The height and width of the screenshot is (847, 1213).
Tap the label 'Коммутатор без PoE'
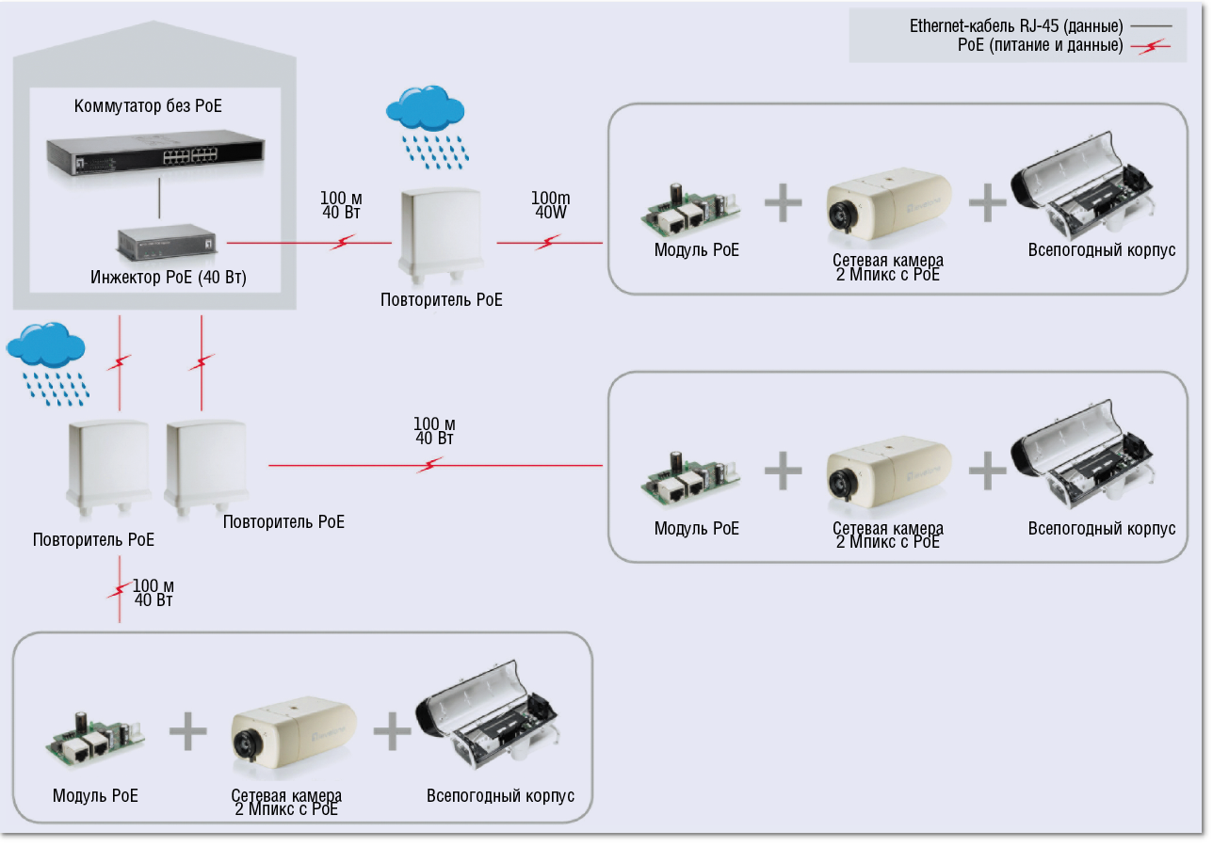pyautogui.click(x=149, y=106)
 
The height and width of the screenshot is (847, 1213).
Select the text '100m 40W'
pyautogui.click(x=550, y=205)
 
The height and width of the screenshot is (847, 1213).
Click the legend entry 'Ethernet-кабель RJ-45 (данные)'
pyautogui.click(x=1016, y=26)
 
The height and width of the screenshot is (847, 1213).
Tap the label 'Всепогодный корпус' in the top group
pyautogui.click(x=1101, y=251)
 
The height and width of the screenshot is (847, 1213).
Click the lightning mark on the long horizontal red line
pyautogui.click(x=430, y=464)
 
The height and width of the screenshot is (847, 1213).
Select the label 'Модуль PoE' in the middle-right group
pyautogui.click(x=696, y=529)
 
